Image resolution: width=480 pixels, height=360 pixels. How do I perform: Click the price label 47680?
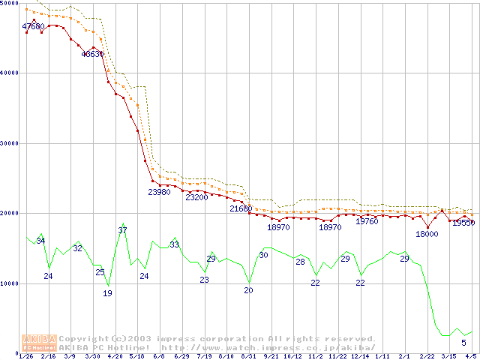point(33,26)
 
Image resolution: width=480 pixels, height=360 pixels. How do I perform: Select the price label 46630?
point(92,54)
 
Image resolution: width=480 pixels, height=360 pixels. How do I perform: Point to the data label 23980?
point(159,192)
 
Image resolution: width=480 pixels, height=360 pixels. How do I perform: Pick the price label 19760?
point(367,221)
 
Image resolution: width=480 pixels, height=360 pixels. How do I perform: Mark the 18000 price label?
point(427,234)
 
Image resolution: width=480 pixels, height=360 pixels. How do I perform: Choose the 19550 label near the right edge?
point(463,223)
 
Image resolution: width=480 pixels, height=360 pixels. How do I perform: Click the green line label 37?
point(122,230)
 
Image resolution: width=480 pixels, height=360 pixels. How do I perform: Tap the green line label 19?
point(107,293)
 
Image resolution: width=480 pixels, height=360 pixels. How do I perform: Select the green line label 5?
point(463,343)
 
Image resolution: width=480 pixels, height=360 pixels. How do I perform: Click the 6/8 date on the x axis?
point(159,357)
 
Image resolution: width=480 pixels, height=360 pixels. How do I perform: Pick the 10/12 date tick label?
point(292,357)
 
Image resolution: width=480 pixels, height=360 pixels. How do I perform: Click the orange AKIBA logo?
point(39,342)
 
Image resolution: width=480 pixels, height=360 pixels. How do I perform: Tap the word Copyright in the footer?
point(82,339)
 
